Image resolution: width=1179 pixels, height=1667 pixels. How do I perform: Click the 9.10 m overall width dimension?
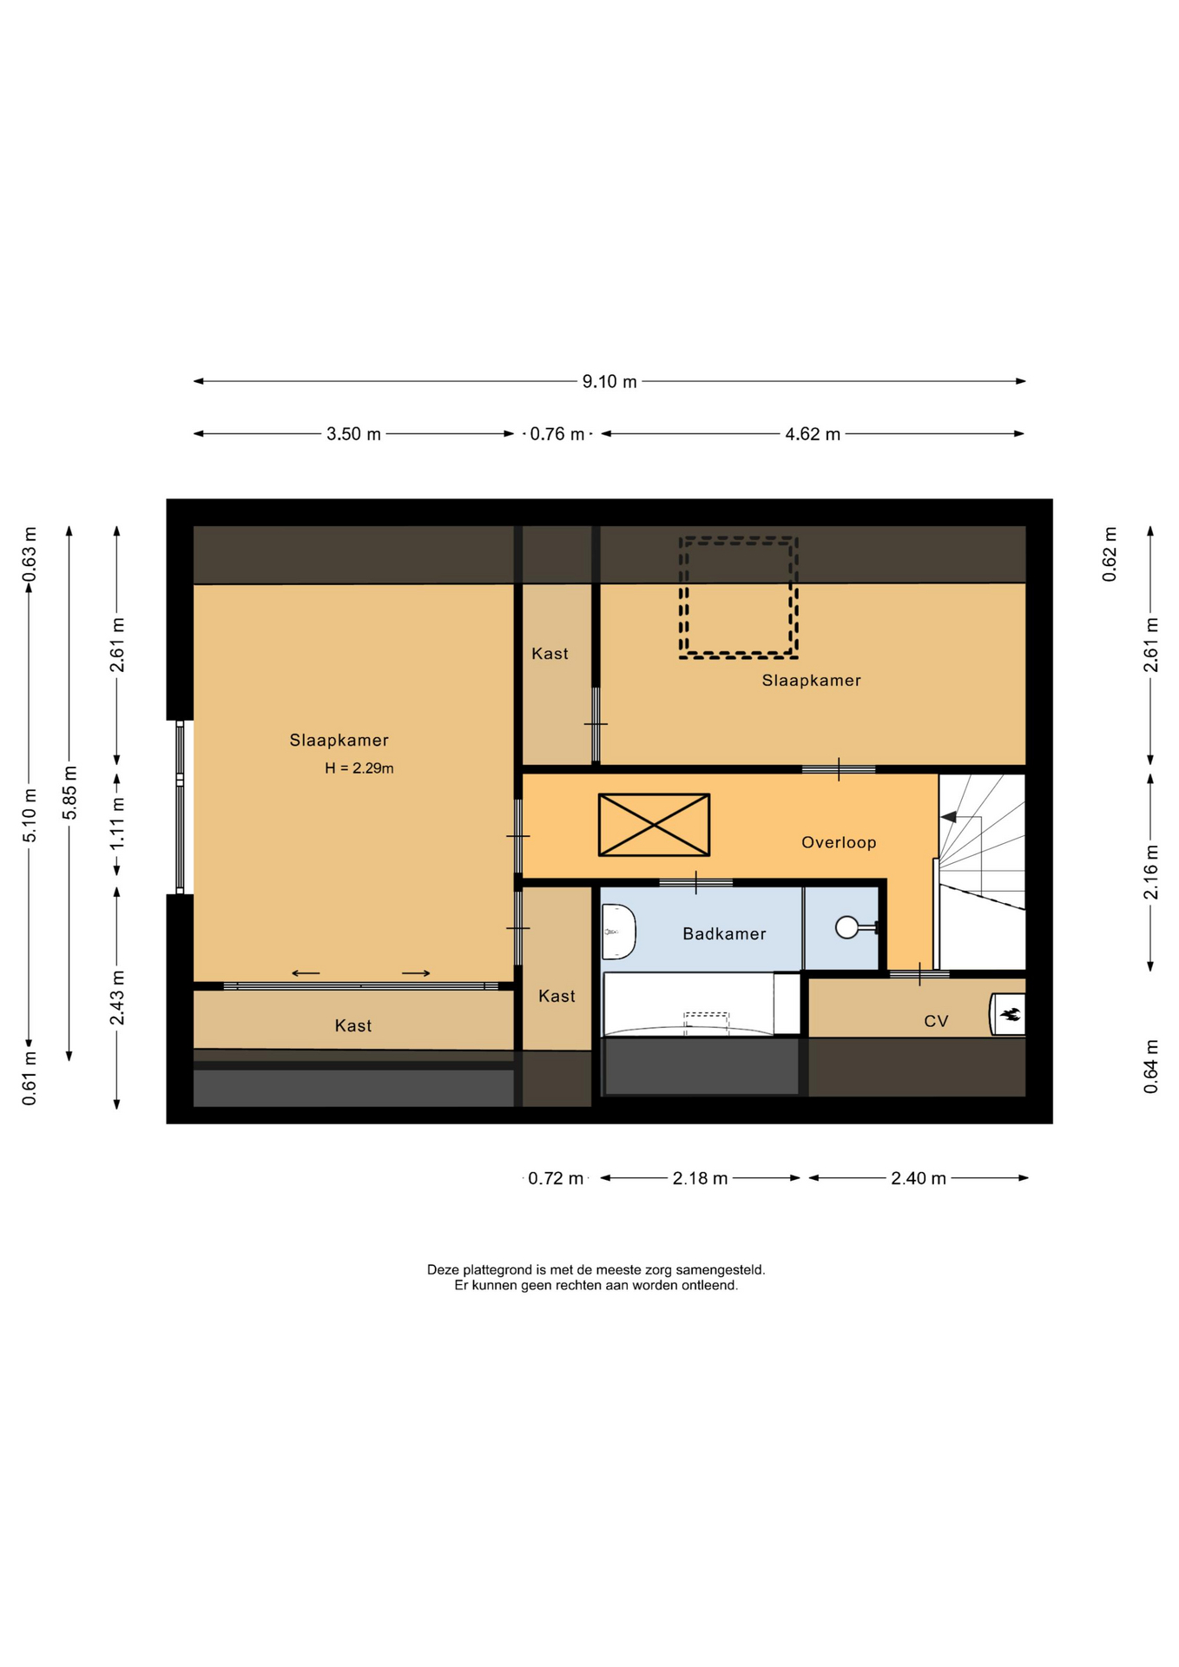pos(609,381)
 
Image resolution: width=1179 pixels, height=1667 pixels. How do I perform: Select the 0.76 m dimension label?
pos(557,434)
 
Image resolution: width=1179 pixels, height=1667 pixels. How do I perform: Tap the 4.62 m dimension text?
pos(813,434)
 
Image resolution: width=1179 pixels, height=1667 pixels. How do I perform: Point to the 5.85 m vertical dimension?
pos(70,792)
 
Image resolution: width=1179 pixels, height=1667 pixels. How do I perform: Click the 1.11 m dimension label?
pos(117,823)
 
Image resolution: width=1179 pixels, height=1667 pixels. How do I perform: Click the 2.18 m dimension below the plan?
pos(700,1178)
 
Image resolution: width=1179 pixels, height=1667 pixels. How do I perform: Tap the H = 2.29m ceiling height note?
pos(359,768)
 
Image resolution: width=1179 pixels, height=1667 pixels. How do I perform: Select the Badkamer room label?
pos(724,934)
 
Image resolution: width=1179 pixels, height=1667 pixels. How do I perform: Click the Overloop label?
pos(839,842)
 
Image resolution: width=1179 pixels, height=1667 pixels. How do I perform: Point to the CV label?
pos(936,1021)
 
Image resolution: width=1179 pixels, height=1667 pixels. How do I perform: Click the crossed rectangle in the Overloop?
pos(654,825)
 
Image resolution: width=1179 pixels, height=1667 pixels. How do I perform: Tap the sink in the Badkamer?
pos(618,932)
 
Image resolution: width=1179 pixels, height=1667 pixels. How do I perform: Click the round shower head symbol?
pos(846,928)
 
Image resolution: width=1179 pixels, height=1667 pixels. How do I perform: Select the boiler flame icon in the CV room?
pos(1011,1013)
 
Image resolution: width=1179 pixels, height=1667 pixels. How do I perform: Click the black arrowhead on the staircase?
pos(949,817)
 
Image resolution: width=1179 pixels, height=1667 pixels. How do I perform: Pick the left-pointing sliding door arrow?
pos(306,973)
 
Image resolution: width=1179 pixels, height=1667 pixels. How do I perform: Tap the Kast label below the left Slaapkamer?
pos(353,1026)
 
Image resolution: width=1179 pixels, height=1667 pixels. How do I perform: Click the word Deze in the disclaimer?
pos(443,1269)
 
